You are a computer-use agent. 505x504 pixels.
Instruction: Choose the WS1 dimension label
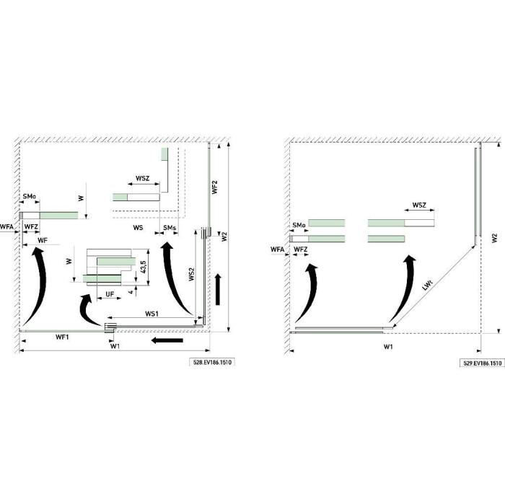coord(151,314)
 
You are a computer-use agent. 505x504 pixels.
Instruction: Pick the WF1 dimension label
coord(62,337)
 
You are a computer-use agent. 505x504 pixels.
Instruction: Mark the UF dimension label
coord(110,293)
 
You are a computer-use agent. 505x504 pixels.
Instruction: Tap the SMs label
coord(170,228)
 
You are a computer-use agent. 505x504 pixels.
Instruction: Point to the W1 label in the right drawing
coord(387,348)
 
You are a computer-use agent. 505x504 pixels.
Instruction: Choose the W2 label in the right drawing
coord(494,237)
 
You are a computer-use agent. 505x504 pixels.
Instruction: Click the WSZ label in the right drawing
coord(420,207)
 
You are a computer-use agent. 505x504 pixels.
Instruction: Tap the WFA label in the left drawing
coord(7,227)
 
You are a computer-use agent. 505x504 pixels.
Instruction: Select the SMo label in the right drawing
coord(299,226)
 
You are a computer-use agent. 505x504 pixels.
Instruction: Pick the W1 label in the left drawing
coord(115,346)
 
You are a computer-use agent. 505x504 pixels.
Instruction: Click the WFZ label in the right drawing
coord(301,249)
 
